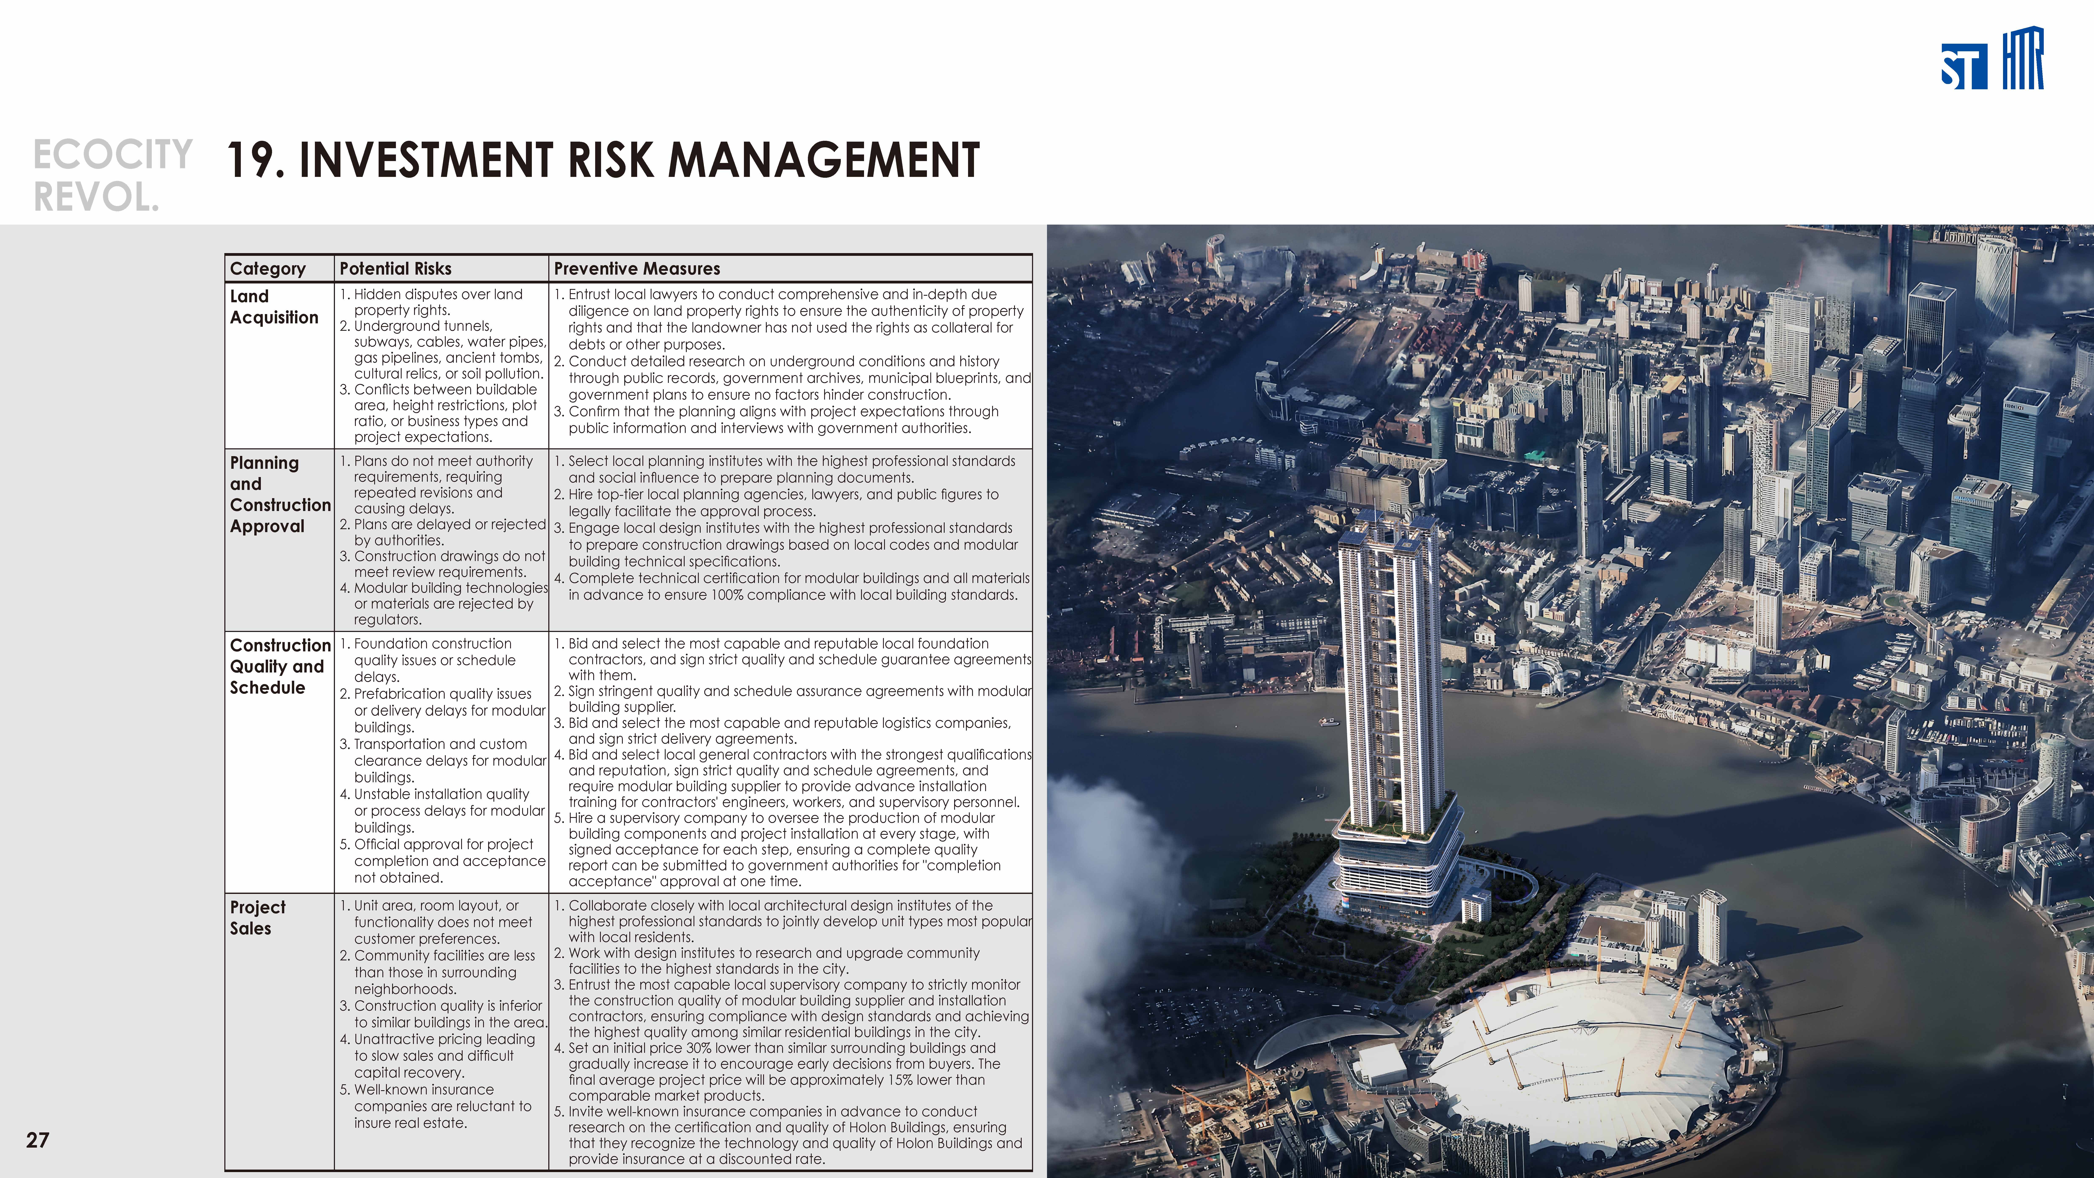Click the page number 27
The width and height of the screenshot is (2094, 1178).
37,1140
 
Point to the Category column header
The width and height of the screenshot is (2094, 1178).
267,268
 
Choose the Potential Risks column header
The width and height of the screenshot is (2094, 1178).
395,268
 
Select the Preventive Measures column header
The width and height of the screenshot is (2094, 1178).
637,268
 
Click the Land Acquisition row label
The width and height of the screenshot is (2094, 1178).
274,306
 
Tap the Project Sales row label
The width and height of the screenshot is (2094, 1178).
258,917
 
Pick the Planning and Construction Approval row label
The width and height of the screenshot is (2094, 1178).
280,494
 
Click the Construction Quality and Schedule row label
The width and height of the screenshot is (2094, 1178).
280,666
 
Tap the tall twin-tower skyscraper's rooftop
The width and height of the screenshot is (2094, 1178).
1386,529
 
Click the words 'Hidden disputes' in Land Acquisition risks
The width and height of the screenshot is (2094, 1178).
408,294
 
